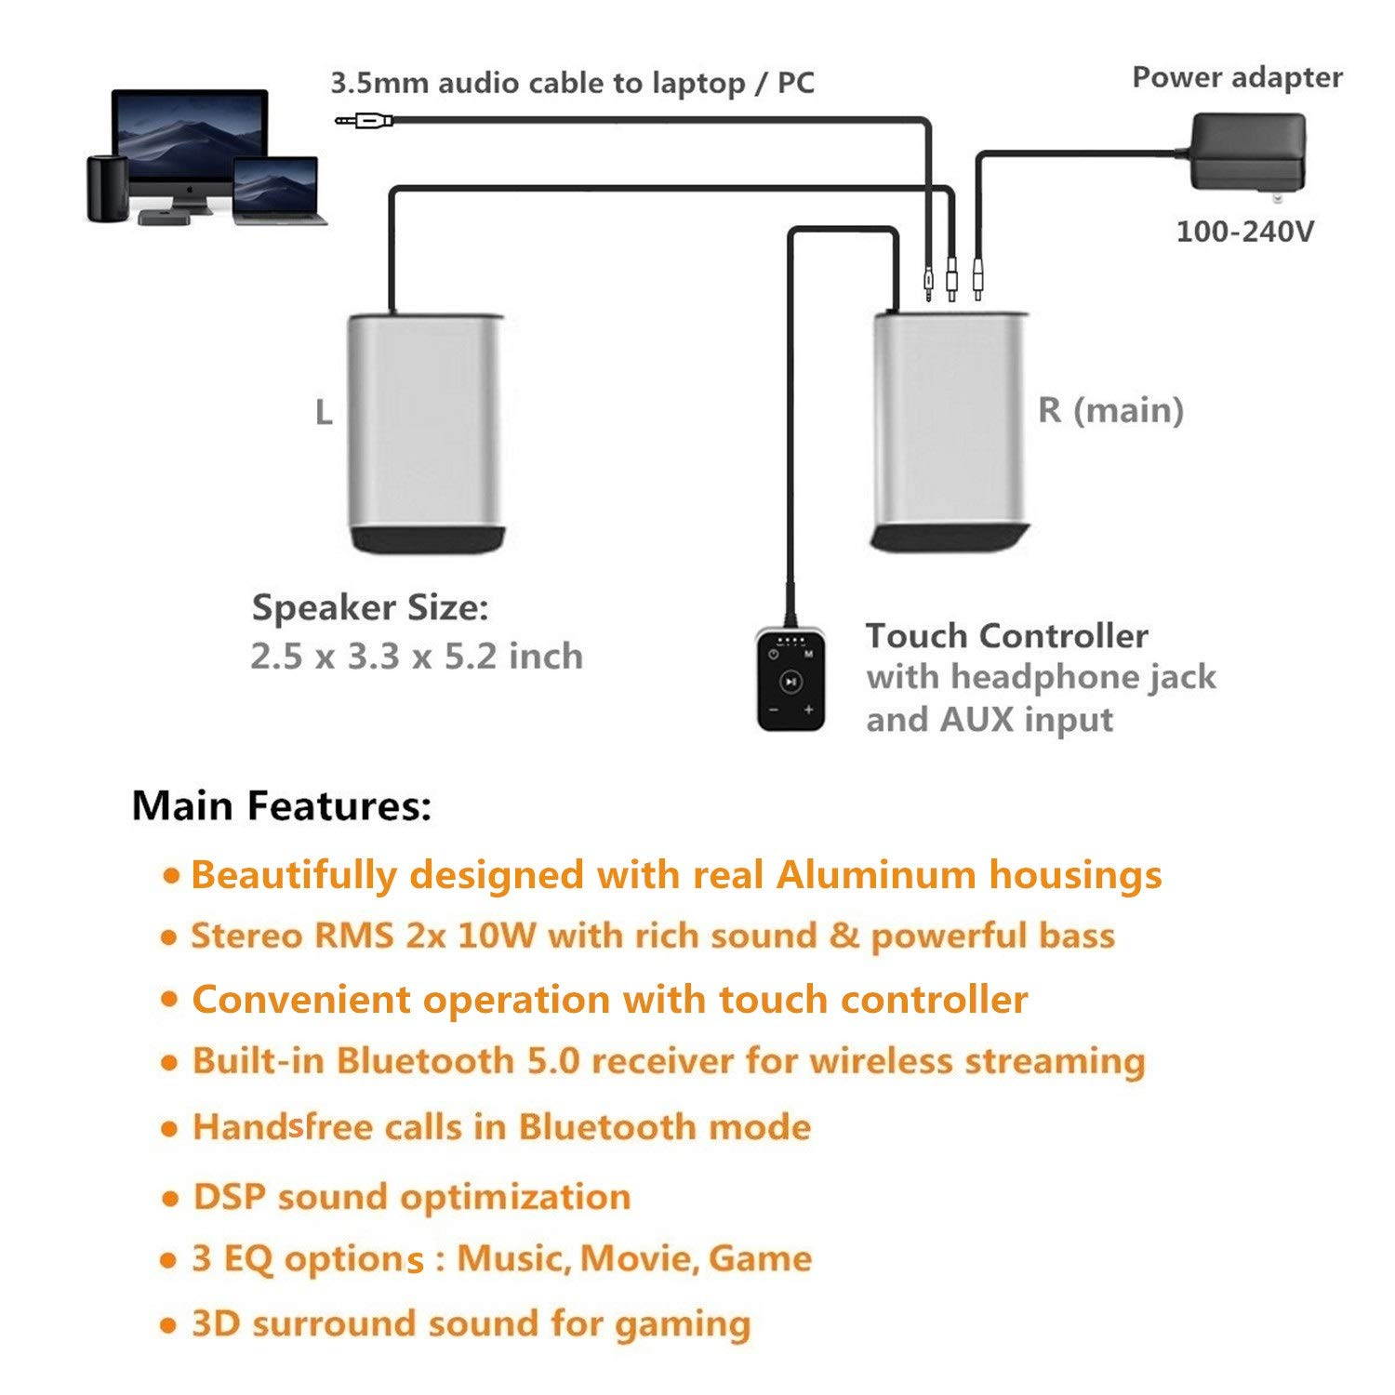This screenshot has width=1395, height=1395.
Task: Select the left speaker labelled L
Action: pyautogui.click(x=426, y=432)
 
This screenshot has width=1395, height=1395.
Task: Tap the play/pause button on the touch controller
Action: pyautogui.click(x=790, y=682)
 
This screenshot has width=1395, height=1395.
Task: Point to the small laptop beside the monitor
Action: pyautogui.click(x=276, y=191)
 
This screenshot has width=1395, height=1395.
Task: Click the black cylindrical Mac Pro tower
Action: pyautogui.click(x=106, y=189)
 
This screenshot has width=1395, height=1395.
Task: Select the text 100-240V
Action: pyautogui.click(x=1244, y=232)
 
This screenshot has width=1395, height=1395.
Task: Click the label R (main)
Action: pyautogui.click(x=1110, y=410)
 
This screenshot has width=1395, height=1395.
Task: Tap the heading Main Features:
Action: pyautogui.click(x=282, y=805)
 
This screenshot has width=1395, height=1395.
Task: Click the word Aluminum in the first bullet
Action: pyautogui.click(x=875, y=875)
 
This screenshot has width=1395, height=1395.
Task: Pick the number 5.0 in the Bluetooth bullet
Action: pyautogui.click(x=554, y=1061)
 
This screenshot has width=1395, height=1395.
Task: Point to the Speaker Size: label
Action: pyautogui.click(x=370, y=608)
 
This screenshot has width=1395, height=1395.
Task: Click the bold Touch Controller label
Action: pyautogui.click(x=1007, y=636)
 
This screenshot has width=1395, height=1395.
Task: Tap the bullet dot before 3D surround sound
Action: pyautogui.click(x=168, y=1325)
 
